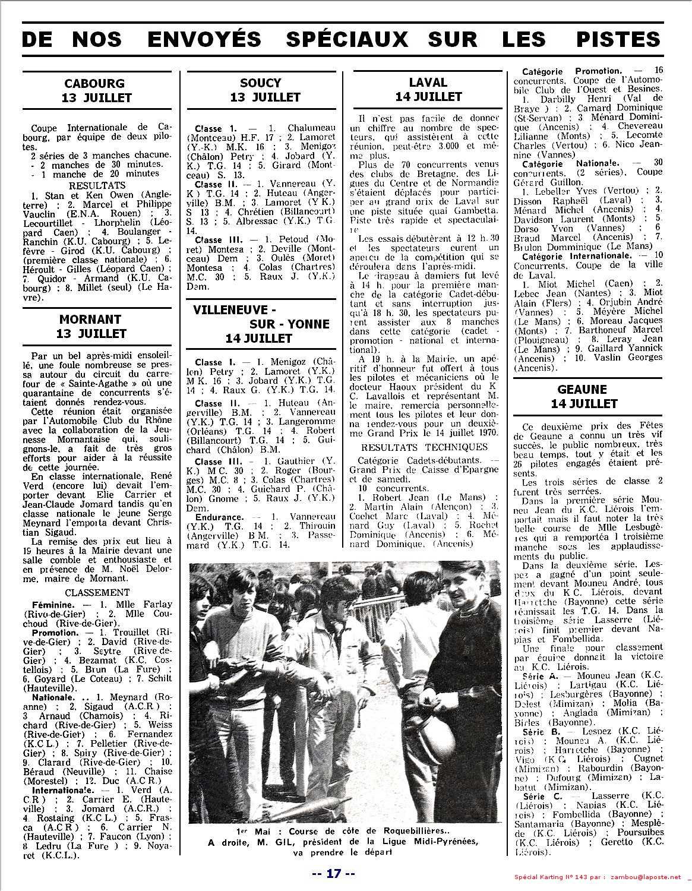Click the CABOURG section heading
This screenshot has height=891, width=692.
96,83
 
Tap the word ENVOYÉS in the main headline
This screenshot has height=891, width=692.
204,39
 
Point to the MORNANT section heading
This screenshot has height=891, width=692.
90,320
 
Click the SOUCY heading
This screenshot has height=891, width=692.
261,83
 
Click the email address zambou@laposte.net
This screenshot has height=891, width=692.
647,878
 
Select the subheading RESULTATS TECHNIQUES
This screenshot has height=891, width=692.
424,447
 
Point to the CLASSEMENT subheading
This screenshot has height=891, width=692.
97,592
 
